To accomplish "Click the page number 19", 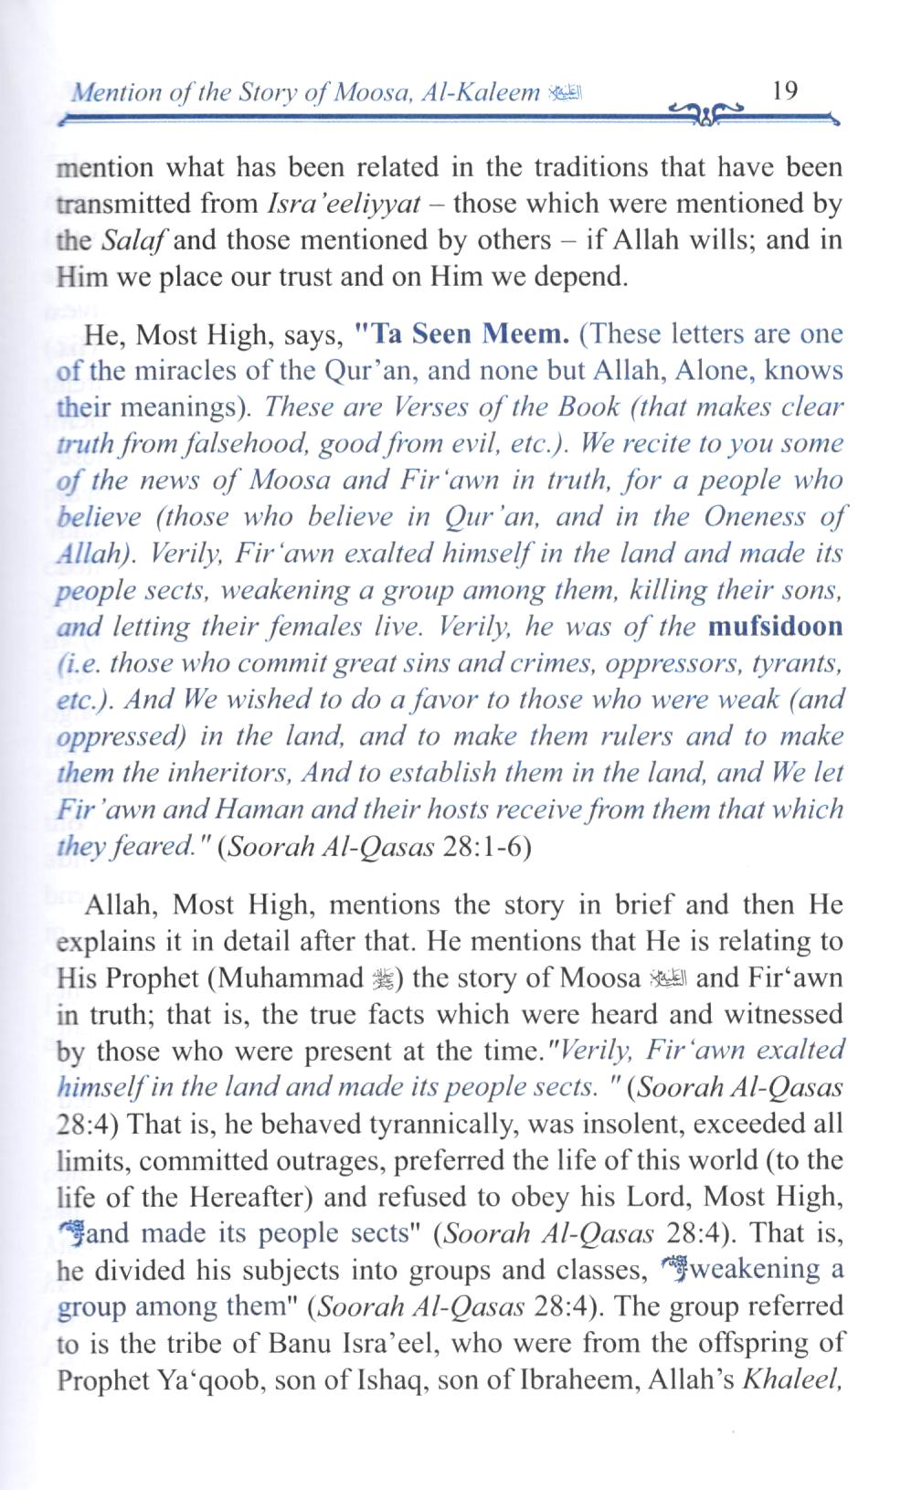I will coord(785,91).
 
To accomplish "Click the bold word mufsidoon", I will coord(775,628).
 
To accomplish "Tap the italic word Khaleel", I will coord(792,1380).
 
